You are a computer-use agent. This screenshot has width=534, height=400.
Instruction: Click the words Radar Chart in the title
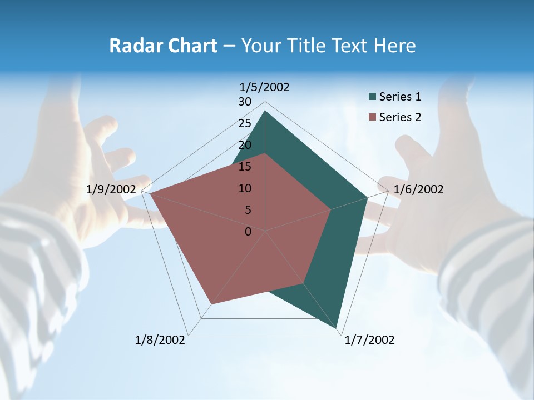tap(163, 46)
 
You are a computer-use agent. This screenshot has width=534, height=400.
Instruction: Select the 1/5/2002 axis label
tap(265, 87)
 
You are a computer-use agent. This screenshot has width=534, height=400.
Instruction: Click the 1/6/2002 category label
tap(418, 189)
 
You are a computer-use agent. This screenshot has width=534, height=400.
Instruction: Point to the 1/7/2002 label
tap(369, 340)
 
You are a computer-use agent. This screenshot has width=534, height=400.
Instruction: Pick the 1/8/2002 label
tap(160, 340)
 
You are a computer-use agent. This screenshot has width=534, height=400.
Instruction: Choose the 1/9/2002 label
tap(111, 189)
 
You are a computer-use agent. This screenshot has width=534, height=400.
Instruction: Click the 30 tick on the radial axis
tap(245, 102)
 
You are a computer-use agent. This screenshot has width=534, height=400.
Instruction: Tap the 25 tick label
tap(245, 123)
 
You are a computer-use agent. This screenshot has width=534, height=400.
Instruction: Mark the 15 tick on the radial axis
tap(245, 167)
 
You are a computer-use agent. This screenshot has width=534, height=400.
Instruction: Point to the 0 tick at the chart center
tap(248, 232)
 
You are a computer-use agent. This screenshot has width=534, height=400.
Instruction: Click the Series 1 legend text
tap(400, 97)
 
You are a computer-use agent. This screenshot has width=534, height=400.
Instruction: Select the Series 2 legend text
tap(400, 117)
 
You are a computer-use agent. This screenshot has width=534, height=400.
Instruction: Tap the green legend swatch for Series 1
tap(372, 97)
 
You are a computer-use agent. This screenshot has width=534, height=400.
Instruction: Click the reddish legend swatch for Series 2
tap(372, 117)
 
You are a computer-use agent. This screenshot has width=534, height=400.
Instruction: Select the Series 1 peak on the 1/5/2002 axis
tap(265, 111)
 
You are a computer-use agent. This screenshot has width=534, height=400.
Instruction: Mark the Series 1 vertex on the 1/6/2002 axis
tap(368, 197)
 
